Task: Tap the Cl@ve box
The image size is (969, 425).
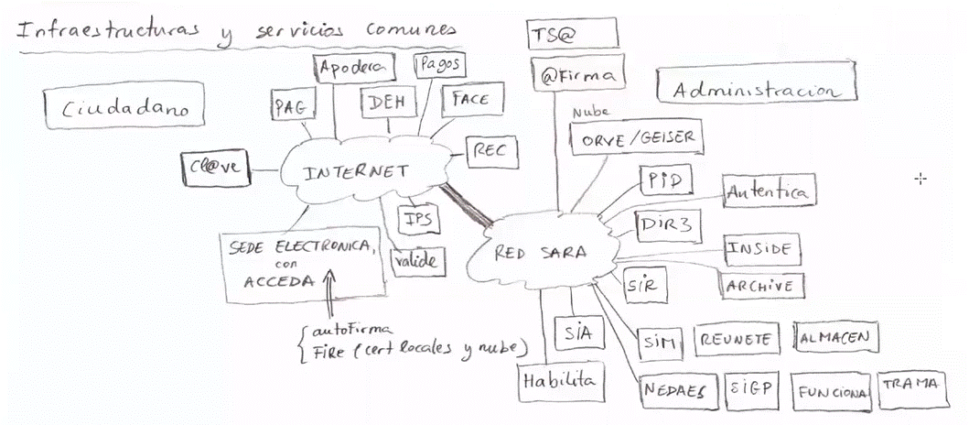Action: point(217,169)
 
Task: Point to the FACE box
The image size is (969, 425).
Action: point(469,101)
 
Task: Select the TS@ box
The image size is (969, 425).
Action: point(573,35)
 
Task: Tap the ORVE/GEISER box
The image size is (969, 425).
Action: point(639,138)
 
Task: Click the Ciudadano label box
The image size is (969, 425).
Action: point(124,108)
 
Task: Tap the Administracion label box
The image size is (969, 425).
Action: point(756,89)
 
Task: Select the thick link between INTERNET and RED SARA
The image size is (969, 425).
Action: point(467,204)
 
